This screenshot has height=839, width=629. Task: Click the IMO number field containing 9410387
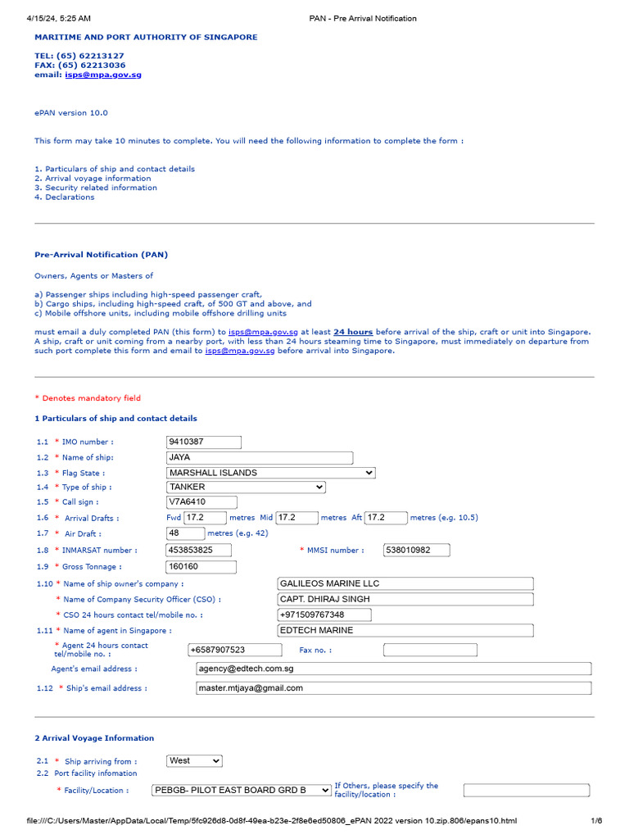204,442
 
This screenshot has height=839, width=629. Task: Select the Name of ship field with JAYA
260,458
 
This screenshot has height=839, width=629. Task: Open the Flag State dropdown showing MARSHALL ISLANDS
270,473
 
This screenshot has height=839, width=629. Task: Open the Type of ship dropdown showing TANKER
246,488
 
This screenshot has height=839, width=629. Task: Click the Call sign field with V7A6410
201,502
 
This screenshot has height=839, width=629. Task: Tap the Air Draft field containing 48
185,533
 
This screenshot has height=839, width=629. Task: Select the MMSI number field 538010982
418,550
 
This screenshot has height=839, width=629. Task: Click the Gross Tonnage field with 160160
201,567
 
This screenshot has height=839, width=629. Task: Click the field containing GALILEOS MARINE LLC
405,583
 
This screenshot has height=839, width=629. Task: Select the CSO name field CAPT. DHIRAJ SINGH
405,599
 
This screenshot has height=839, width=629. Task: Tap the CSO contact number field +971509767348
324,615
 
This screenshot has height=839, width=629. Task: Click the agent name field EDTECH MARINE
405,631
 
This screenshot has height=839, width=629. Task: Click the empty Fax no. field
430,651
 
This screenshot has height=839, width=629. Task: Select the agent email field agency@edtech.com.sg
393,669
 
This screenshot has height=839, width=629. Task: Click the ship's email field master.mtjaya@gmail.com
393,688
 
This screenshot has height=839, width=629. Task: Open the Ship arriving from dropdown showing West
194,761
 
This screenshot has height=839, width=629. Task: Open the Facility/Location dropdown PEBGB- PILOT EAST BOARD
242,790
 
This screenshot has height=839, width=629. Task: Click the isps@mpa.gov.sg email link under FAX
103,75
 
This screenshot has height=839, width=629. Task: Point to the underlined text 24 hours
353,332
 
